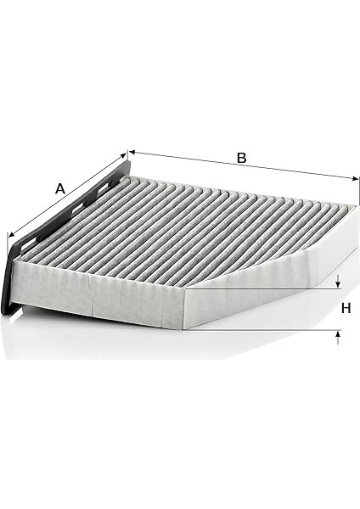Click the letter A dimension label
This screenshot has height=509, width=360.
click(59, 188)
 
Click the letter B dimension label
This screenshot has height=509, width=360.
click(241, 158)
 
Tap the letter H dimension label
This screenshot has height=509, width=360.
click(346, 308)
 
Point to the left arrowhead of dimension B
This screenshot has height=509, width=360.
click(132, 152)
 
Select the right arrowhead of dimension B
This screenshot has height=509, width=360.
click(356, 178)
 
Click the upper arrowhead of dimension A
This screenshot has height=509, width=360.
click(123, 155)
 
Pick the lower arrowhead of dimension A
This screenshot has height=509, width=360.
click(11, 234)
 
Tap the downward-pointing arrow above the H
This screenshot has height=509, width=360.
click(338, 281)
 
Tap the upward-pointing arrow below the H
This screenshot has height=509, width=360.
click(338, 338)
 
